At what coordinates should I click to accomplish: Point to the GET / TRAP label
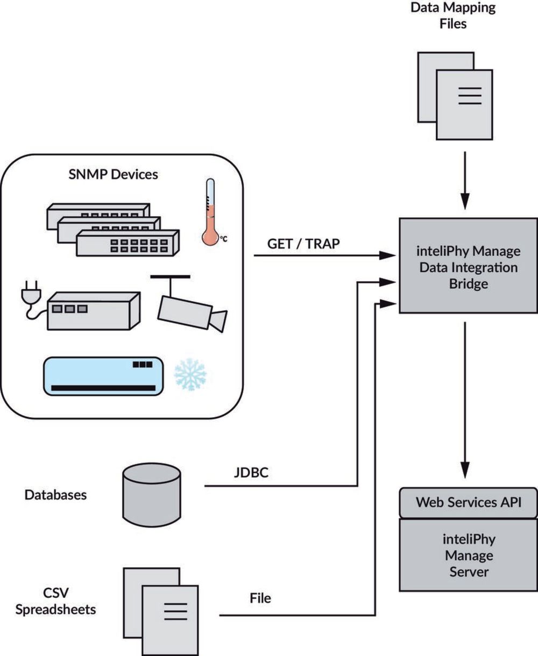[303, 244]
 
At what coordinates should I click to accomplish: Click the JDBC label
[251, 473]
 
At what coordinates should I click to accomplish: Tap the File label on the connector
[260, 598]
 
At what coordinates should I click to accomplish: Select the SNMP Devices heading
[114, 174]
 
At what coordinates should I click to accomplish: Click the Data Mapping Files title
[453, 16]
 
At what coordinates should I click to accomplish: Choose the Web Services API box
[468, 502]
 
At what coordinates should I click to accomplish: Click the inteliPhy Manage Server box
[468, 555]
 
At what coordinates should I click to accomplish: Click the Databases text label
[56, 494]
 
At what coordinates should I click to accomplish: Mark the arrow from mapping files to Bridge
[465, 183]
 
